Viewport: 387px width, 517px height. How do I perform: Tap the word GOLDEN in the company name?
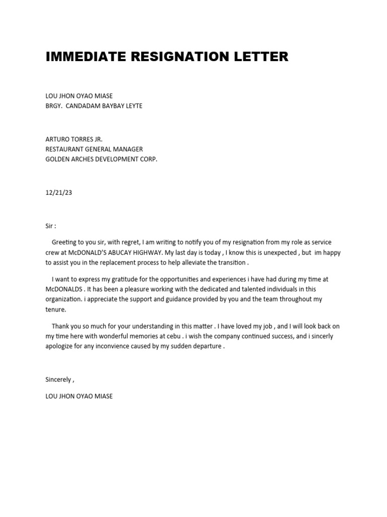pos(58,159)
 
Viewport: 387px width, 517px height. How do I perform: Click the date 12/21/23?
pos(59,192)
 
